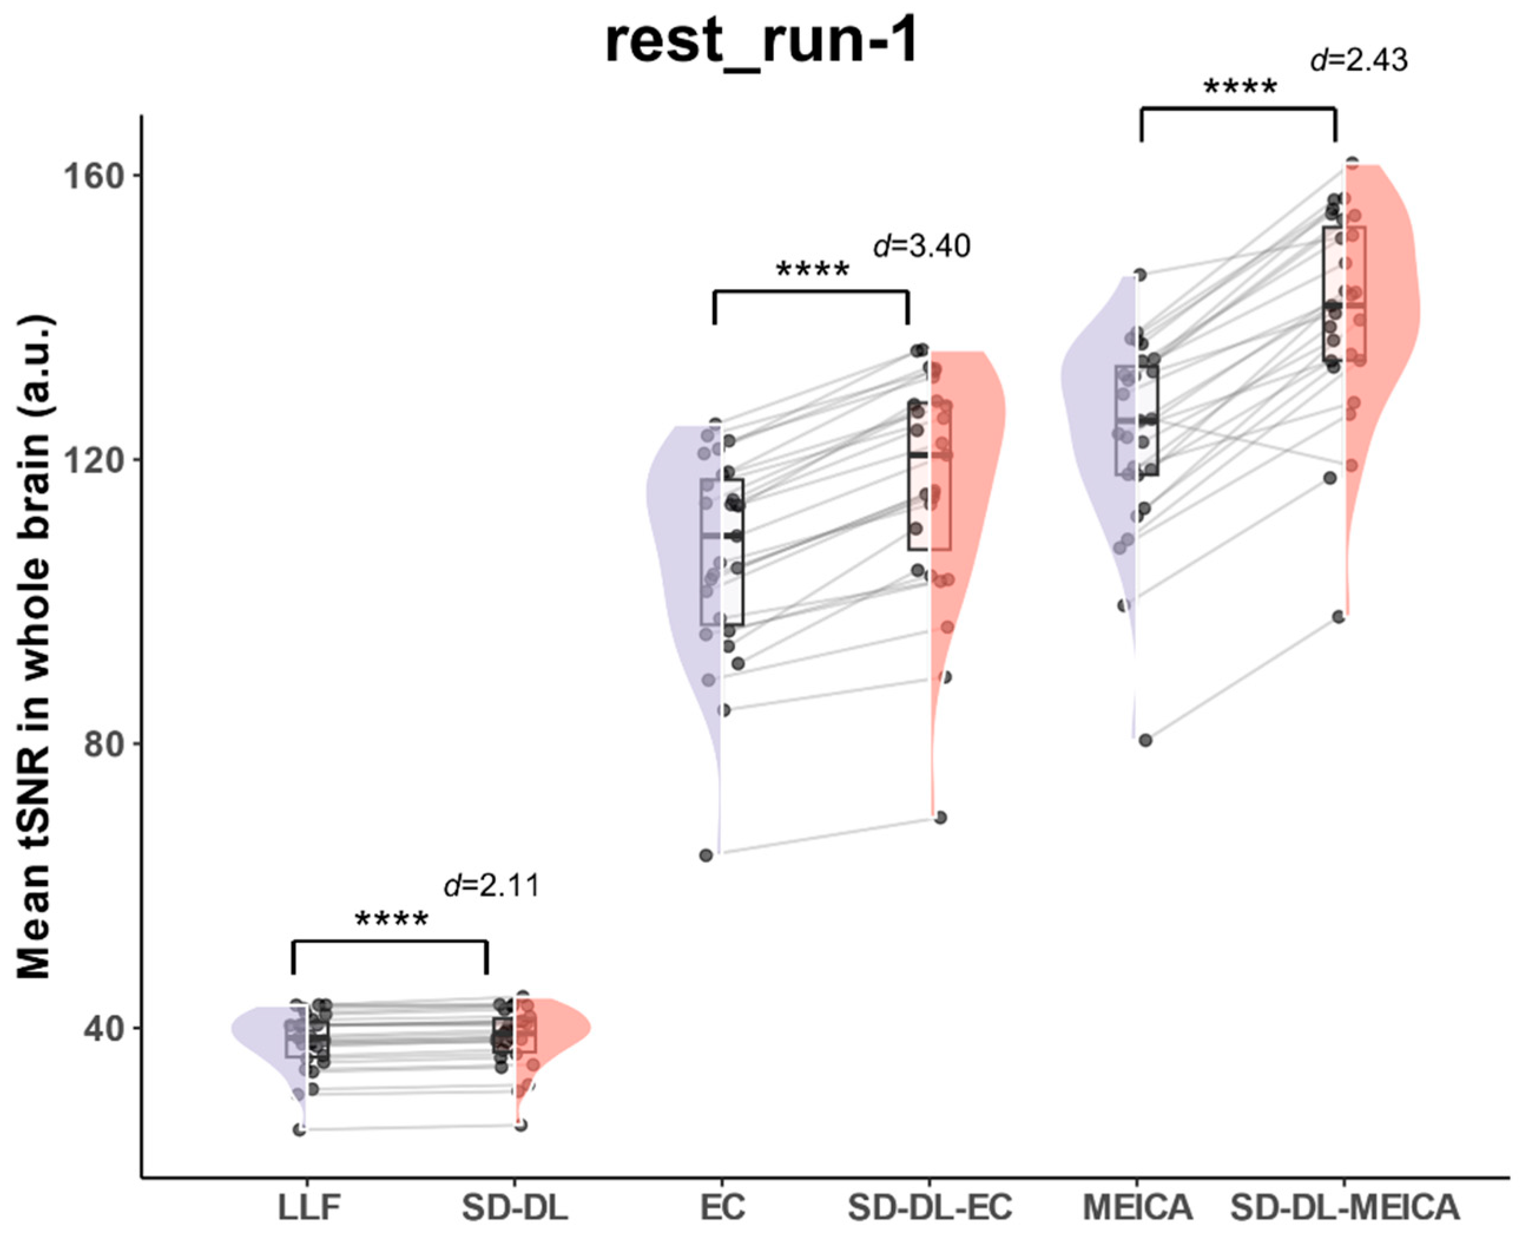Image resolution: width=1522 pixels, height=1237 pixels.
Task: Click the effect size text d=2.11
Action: tap(492, 886)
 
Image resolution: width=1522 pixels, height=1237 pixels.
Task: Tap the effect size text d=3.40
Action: tap(921, 246)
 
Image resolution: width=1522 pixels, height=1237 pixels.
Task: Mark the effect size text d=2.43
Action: tap(1359, 61)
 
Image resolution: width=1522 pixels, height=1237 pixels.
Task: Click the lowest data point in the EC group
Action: tap(706, 855)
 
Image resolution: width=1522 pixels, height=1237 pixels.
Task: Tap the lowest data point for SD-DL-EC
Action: tap(941, 817)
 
